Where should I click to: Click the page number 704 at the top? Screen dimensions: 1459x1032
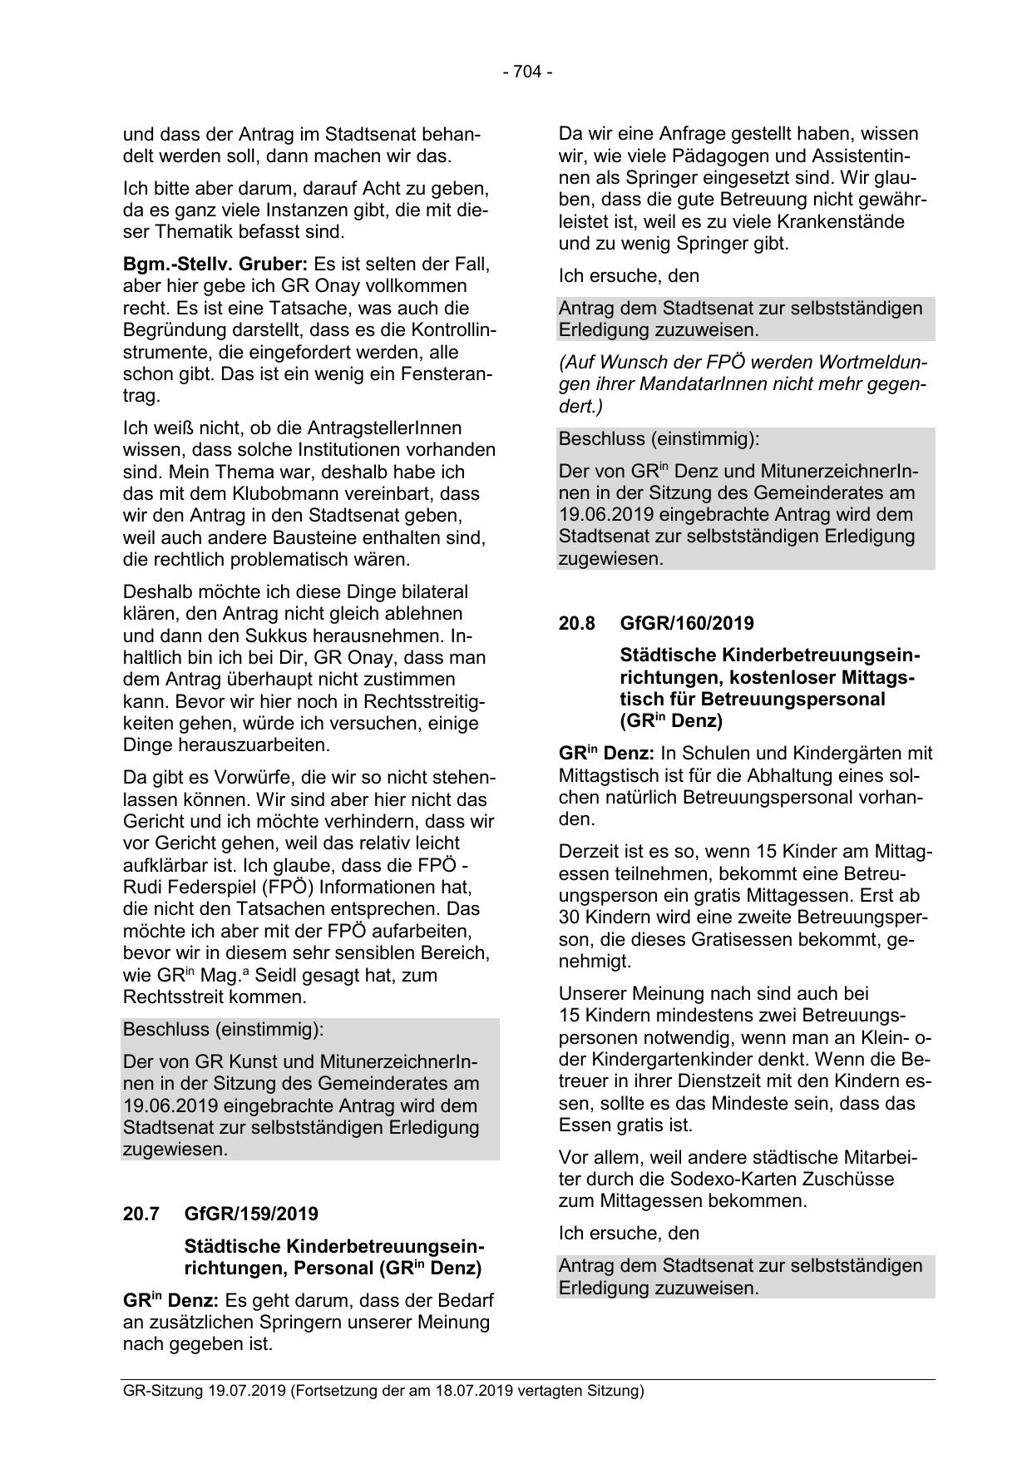pos(527,72)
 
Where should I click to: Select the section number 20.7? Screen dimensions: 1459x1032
pos(141,1214)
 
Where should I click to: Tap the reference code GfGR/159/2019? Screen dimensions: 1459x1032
pos(251,1214)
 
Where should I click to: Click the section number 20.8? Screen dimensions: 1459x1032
pos(575,623)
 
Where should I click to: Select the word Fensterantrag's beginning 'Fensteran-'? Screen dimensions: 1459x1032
pos(445,373)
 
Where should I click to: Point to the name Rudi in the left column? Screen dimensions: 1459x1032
pos(142,887)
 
